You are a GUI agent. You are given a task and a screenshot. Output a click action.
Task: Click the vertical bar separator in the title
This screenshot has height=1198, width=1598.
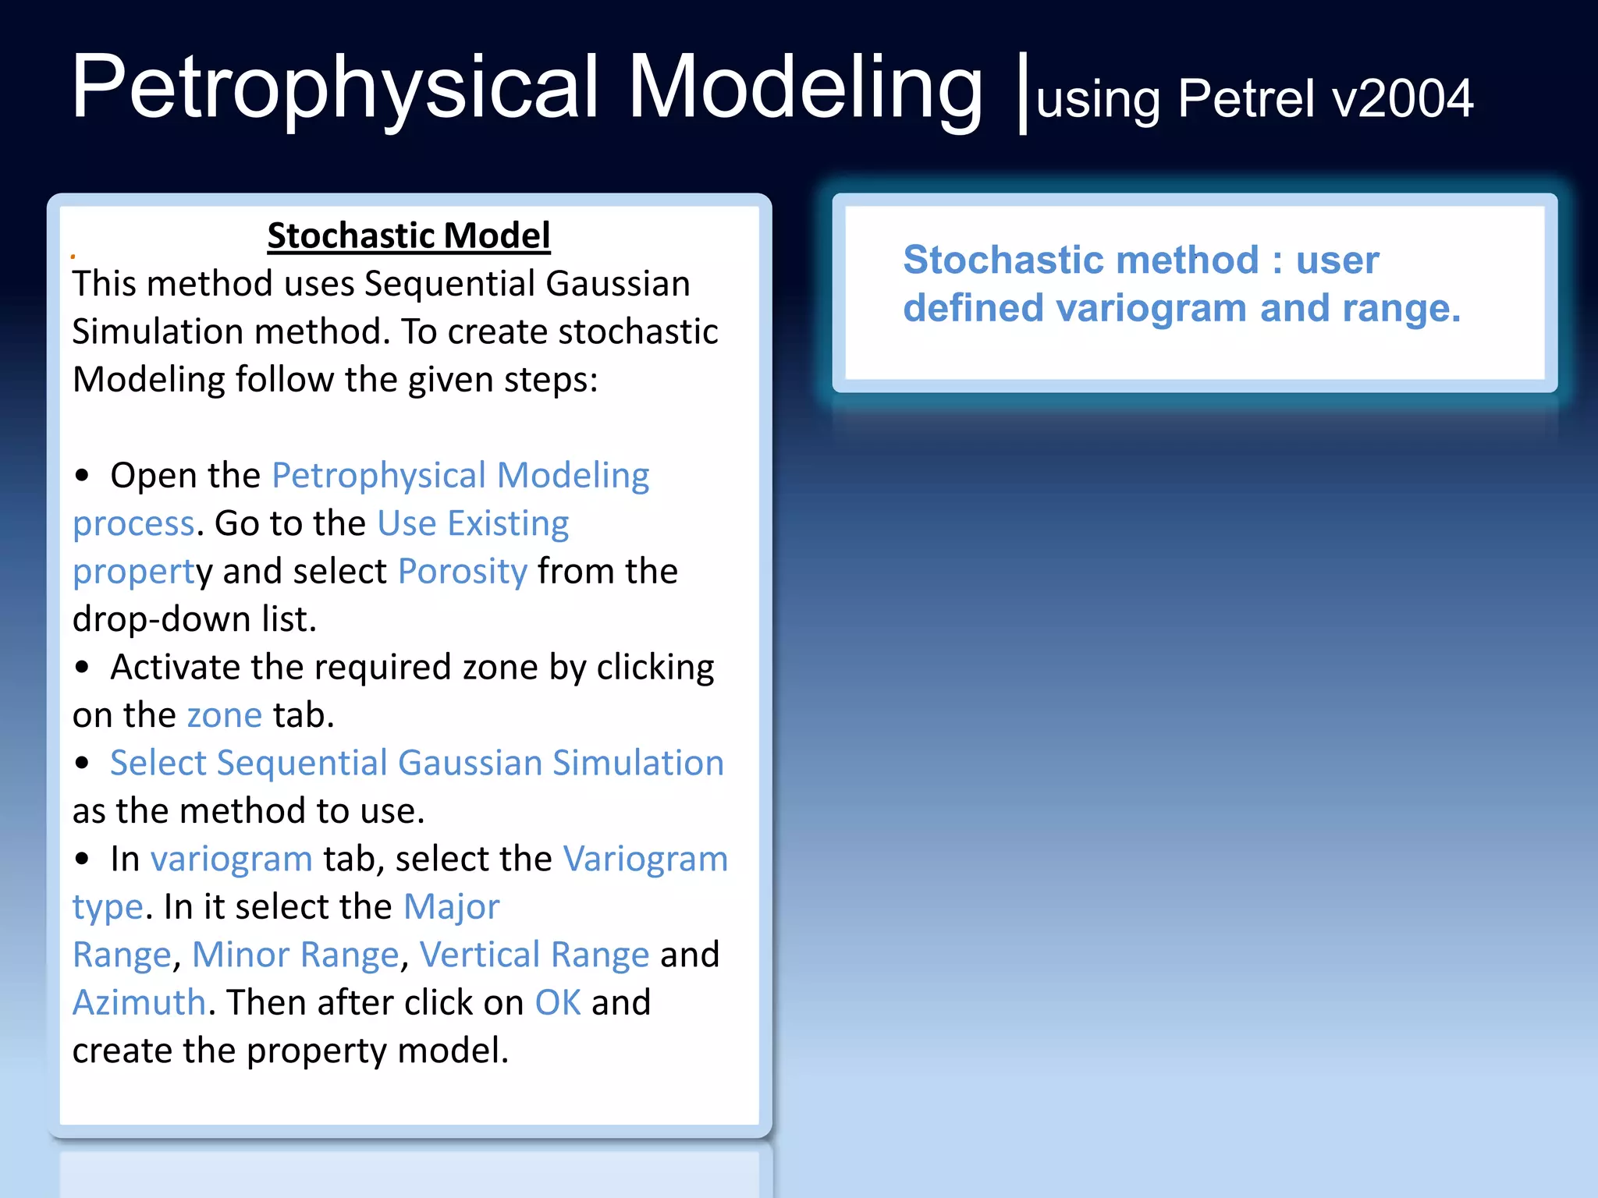coord(1023,94)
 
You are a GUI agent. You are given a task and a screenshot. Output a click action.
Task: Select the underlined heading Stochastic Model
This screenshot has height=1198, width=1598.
coord(409,236)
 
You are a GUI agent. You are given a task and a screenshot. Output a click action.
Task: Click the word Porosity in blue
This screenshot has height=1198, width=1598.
coord(463,572)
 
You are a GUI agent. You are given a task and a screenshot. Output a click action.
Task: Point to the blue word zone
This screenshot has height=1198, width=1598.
coord(224,716)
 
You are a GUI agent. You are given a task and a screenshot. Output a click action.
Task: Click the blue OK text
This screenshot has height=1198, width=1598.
coord(558,1003)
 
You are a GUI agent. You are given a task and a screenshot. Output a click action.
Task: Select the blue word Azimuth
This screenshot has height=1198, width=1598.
coord(139,1003)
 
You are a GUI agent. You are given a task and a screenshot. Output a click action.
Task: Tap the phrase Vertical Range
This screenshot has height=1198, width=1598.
coord(534,955)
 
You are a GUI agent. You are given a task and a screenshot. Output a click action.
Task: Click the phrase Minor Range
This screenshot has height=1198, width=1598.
coord(296,955)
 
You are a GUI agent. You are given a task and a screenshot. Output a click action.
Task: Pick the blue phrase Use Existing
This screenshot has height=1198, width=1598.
coord(473,523)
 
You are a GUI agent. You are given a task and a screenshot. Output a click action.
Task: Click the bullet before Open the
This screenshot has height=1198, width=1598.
coord(83,477)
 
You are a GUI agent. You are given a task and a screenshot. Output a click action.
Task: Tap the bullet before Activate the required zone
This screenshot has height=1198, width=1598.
coord(83,668)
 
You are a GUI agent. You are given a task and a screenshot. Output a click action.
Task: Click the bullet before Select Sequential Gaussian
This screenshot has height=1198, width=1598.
coord(83,764)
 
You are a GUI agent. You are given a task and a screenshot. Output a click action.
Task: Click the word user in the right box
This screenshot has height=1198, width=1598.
coord(1337,260)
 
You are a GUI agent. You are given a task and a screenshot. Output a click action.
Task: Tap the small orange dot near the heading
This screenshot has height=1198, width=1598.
coord(73,257)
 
